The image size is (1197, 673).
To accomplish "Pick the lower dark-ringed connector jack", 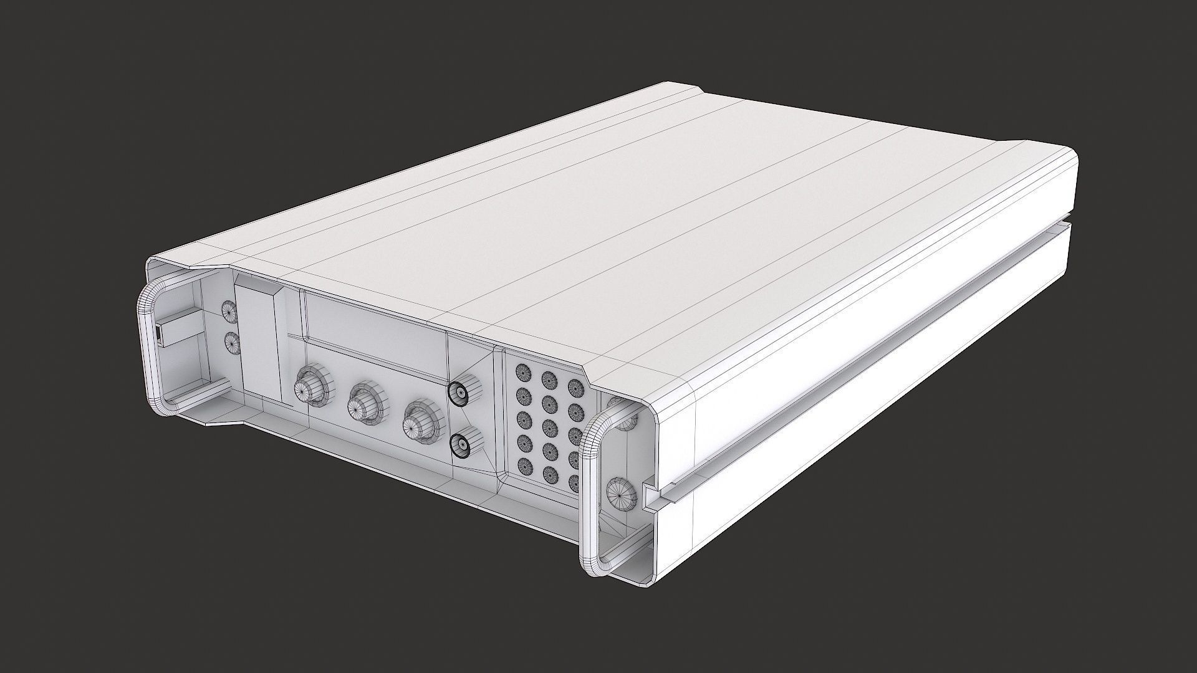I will pyautogui.click(x=460, y=444).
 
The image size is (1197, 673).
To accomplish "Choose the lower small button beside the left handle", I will pyautogui.click(x=232, y=343).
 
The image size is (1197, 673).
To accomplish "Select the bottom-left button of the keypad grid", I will pyautogui.click(x=525, y=464).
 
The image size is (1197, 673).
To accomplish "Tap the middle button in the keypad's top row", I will pyautogui.click(x=549, y=380).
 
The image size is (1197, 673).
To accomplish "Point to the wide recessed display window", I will pyautogui.click(x=374, y=318).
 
